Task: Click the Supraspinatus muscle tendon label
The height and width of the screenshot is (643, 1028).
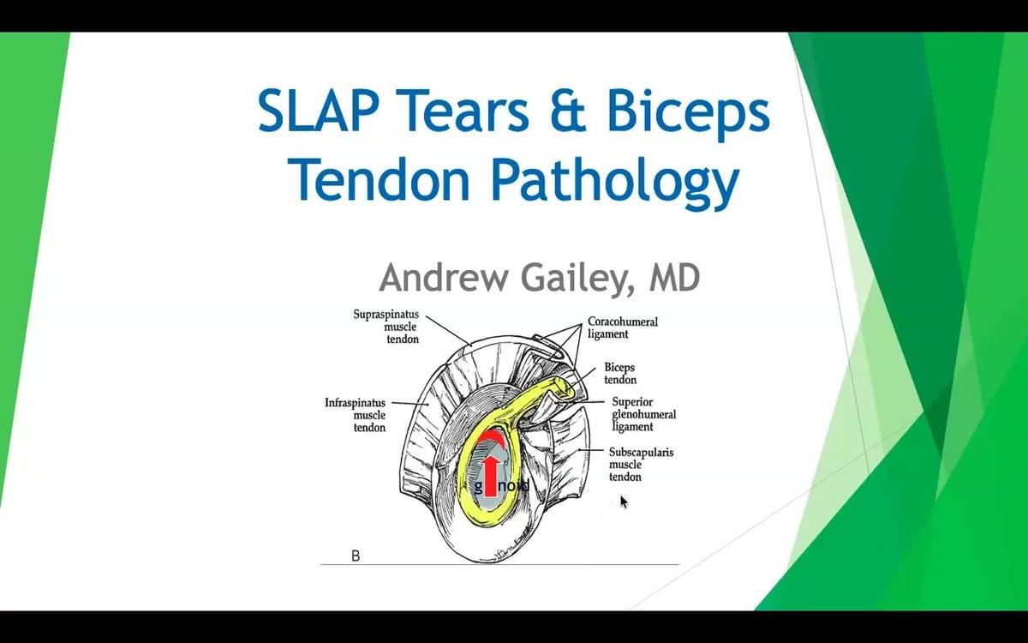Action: point(386,327)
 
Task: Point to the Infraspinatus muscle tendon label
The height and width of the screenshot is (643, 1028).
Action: point(356,414)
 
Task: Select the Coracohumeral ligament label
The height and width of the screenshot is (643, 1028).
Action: point(622,328)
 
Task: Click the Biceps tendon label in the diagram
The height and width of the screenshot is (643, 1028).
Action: point(619,374)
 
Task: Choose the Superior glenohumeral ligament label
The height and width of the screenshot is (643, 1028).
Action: point(643,414)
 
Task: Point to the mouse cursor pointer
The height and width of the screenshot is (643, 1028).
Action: point(624,501)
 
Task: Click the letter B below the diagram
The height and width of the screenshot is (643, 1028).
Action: point(356,556)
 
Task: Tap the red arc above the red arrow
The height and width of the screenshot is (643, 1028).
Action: point(491,438)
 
